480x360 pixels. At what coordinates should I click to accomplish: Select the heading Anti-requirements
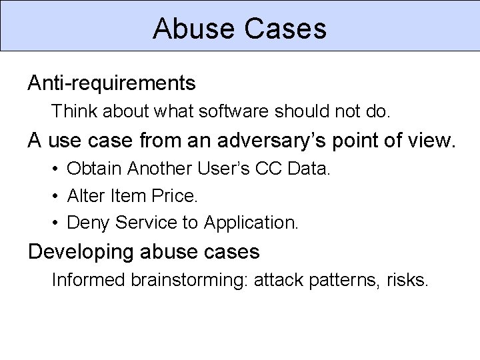(111, 83)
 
